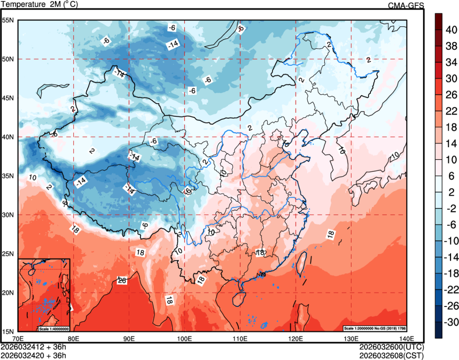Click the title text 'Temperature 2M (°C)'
tap(39, 5)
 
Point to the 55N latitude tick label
tap(9, 20)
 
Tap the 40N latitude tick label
tap(9, 137)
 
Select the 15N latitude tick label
tap(9, 332)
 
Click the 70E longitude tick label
tap(18, 338)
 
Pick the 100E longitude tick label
tap(184, 338)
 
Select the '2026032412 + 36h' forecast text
tap(34, 346)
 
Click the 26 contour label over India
tap(122, 280)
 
